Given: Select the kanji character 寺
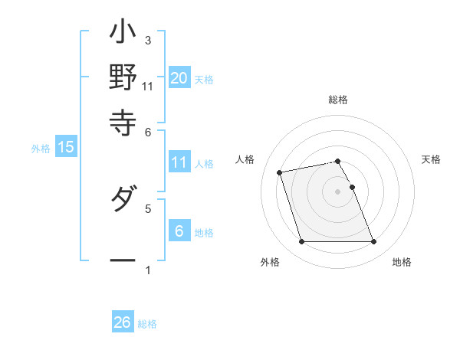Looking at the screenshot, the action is (123, 120).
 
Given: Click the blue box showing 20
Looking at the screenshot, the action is (179, 77).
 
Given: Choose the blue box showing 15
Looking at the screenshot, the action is (65, 147).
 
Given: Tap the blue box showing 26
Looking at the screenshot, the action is (122, 322).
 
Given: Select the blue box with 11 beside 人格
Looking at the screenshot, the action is (179, 162).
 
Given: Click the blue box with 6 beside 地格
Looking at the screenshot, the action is (179, 231).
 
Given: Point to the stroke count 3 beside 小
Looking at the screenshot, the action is (147, 40).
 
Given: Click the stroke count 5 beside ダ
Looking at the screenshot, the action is (147, 207).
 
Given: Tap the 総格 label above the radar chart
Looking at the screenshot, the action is (338, 100).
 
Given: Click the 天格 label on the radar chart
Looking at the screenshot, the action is (431, 159).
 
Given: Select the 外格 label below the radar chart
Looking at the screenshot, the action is (270, 262).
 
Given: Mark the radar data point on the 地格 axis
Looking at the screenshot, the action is (373, 242).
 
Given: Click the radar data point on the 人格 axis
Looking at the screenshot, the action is (280, 172).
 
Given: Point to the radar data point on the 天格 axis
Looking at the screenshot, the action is (352, 187).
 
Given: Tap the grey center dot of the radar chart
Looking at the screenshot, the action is (337, 191).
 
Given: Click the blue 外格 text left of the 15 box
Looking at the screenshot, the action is (40, 149).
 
